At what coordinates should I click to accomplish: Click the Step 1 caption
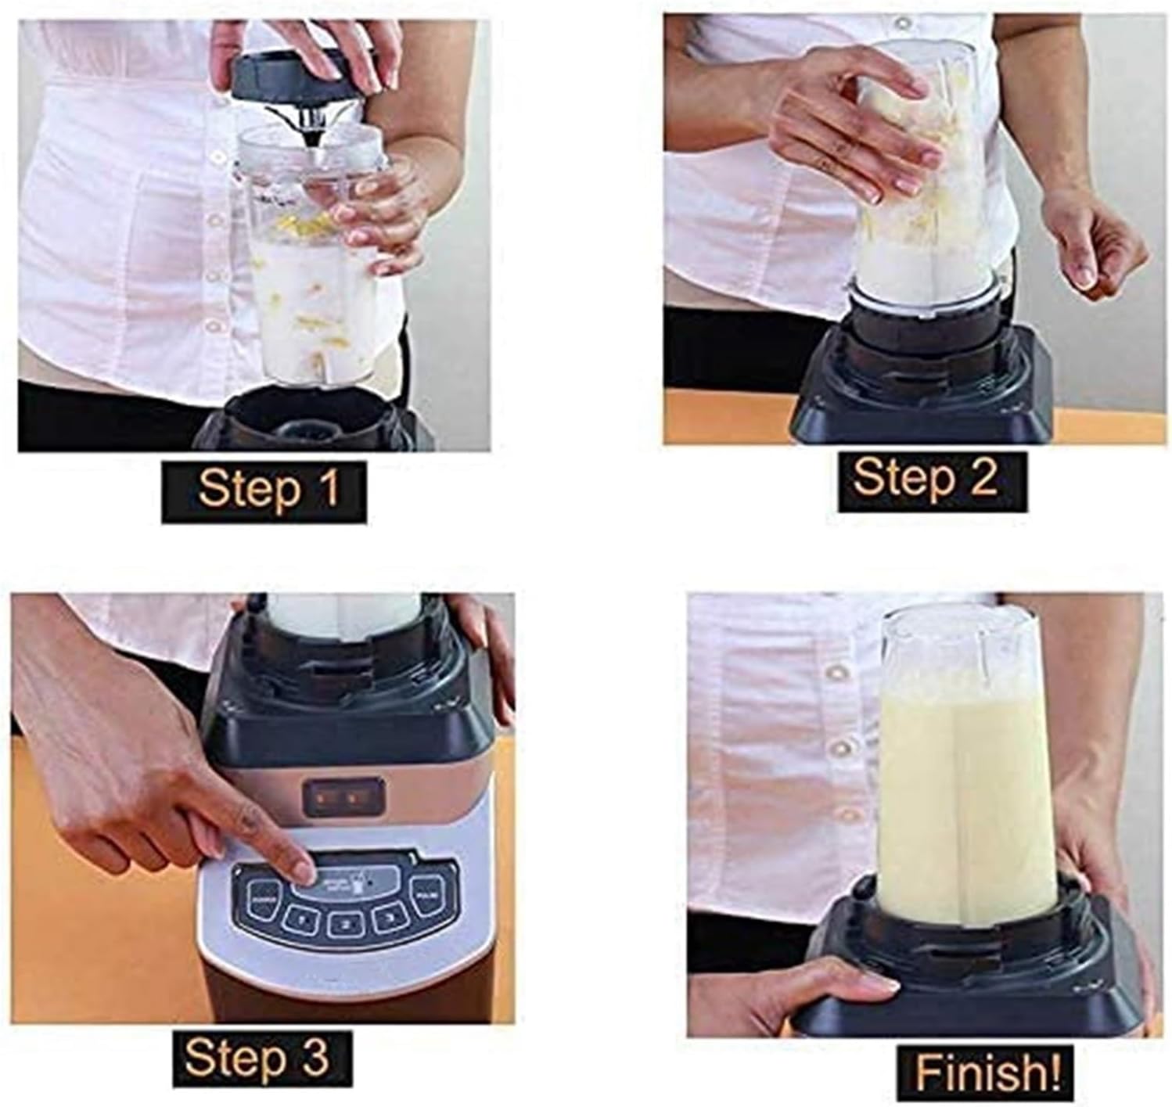pos(265,490)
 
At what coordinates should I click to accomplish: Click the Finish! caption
pos(987,1072)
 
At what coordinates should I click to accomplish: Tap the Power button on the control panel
pos(261,900)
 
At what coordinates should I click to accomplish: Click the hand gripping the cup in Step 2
pos(853,125)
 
